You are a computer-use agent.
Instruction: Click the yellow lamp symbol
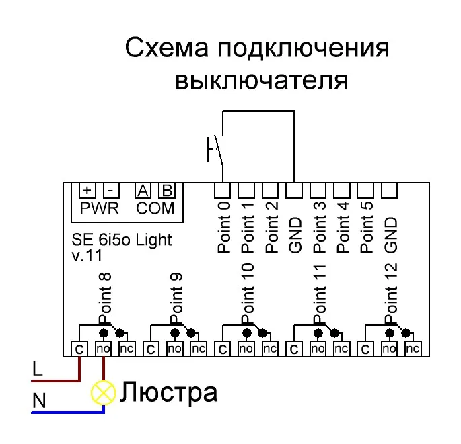coord(104,392)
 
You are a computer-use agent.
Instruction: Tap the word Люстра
coord(168,392)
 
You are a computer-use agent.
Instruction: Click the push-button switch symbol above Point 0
coord(215,148)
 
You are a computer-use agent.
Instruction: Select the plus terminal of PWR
coord(87,191)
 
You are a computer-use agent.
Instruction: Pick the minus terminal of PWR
coord(111,191)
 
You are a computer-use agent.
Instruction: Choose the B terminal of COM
coord(166,191)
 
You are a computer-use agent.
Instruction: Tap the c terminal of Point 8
coord(79,349)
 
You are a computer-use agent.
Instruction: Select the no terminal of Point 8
coord(103,349)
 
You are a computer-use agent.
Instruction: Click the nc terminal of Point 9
coord(198,349)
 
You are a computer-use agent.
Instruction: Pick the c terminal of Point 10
coord(222,349)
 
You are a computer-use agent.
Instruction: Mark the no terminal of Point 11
coord(318,349)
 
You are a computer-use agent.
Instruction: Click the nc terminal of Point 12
coord(413,349)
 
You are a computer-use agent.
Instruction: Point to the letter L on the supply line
coord(38,368)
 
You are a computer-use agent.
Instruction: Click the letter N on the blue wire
coord(39,401)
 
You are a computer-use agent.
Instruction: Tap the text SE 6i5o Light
coord(121,240)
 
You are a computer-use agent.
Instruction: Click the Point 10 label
coord(247,296)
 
